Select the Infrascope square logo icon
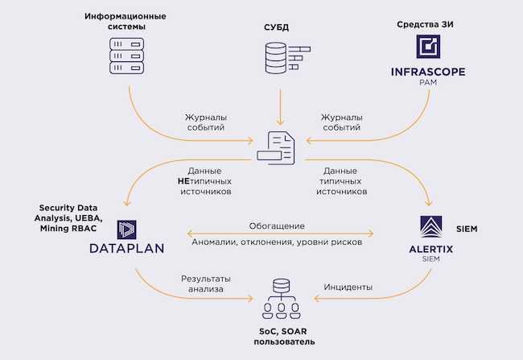[427, 48]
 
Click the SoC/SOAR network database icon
[281, 299]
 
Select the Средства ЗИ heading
[426, 23]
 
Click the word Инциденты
[348, 287]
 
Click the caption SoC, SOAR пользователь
[281, 336]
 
